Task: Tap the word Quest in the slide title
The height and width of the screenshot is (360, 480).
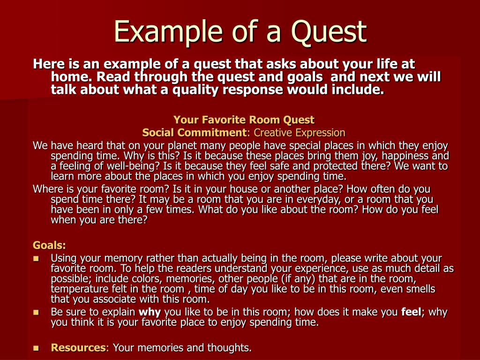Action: tap(328, 32)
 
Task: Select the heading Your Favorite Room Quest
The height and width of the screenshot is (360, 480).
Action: tap(244, 120)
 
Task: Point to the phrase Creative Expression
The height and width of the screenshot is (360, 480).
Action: tap(300, 132)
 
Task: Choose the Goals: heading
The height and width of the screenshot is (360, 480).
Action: tap(49, 245)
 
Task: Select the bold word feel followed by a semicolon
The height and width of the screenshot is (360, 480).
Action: tap(412, 312)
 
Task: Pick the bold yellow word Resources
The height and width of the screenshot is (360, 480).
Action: tap(78, 347)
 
